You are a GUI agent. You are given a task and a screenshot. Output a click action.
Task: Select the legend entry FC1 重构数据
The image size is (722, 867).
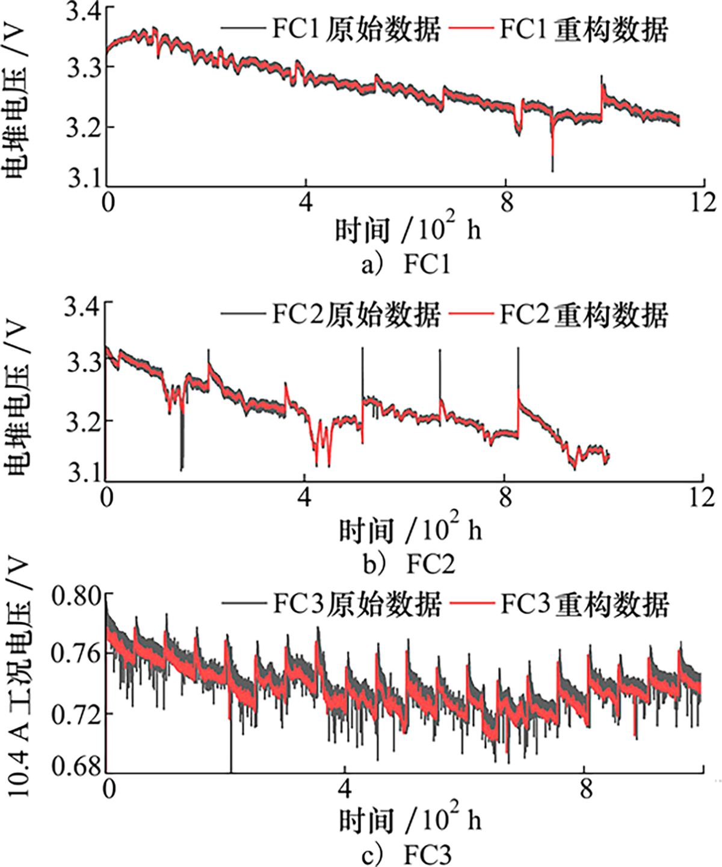point(582,29)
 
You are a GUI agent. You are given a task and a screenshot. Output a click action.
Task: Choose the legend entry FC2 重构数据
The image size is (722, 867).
point(582,314)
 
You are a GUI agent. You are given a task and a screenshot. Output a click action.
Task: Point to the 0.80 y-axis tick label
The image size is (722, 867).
point(76,597)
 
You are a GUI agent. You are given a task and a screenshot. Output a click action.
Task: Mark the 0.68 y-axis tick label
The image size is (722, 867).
point(76,767)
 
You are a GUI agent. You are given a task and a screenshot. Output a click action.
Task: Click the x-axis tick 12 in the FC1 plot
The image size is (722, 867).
point(702,203)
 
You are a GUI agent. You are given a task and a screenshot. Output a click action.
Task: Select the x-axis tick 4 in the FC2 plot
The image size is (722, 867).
point(306,498)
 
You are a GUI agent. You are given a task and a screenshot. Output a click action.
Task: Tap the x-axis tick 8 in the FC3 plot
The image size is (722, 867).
point(585,789)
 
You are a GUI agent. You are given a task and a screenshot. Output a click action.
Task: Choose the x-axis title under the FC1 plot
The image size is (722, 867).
point(408,230)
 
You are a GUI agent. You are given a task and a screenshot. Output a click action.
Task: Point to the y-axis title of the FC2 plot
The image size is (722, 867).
point(18,394)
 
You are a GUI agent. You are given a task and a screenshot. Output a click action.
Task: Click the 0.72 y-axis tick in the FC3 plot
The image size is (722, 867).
point(76,715)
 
